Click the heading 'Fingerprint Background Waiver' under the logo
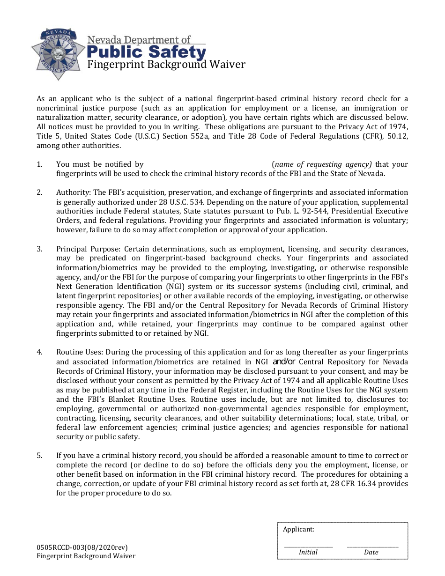tap(166, 65)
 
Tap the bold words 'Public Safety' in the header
tap(147, 52)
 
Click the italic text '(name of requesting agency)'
tap(322, 164)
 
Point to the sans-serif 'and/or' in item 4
tap(284, 362)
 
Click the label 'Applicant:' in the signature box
tap(298, 530)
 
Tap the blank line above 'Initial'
tap(308, 545)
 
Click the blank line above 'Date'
tap(372, 545)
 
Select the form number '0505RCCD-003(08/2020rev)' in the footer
tap(82, 547)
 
